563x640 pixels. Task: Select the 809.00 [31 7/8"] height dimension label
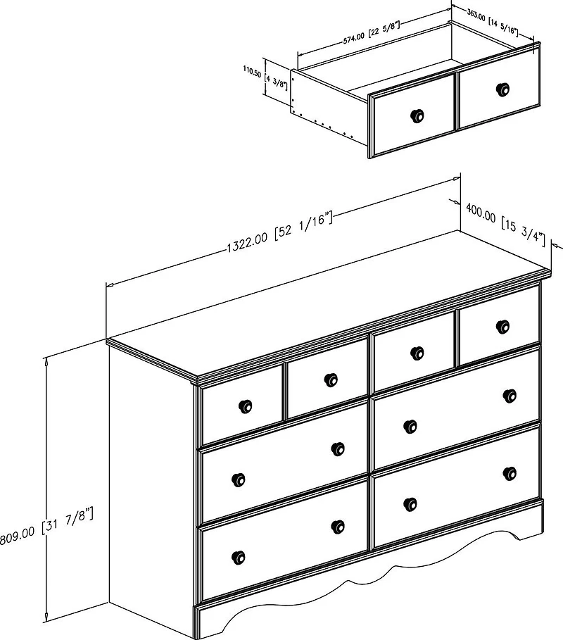(x=46, y=527)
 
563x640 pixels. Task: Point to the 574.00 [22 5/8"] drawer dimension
(x=370, y=32)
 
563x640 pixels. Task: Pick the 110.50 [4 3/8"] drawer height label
(x=265, y=78)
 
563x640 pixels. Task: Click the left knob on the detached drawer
(x=417, y=115)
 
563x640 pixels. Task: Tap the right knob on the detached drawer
(x=502, y=89)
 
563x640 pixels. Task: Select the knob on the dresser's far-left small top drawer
(x=245, y=406)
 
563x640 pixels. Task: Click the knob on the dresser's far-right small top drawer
(x=502, y=326)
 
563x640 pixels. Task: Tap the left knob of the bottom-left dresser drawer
(x=239, y=557)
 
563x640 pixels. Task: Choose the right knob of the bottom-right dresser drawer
(x=510, y=473)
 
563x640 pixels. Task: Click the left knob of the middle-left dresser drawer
(x=239, y=479)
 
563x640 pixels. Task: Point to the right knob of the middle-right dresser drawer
(x=510, y=395)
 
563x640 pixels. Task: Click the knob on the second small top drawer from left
(x=331, y=380)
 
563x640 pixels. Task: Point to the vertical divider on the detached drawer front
(x=457, y=101)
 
